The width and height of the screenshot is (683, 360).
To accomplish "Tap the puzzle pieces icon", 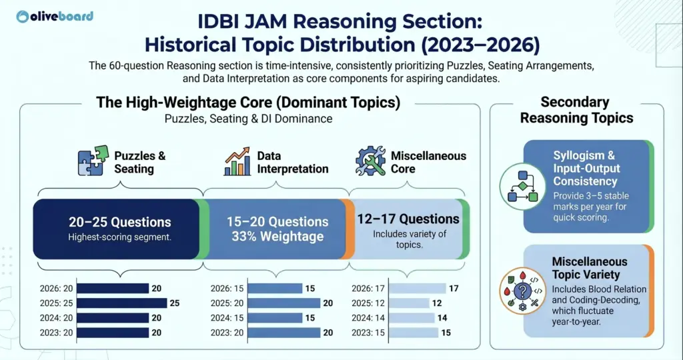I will [93, 161].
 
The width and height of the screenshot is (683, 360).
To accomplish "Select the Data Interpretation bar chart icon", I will [237, 161].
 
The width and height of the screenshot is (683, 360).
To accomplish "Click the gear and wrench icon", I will [371, 161].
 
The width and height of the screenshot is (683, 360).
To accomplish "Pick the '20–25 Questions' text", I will [120, 222].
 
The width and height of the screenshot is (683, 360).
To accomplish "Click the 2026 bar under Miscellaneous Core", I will [417, 289].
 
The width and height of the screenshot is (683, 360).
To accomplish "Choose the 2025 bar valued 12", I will [408, 303].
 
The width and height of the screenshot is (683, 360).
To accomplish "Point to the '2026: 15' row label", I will [228, 289].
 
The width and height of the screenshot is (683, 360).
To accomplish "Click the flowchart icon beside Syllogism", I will [518, 182].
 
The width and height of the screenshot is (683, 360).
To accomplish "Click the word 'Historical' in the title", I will [201, 45].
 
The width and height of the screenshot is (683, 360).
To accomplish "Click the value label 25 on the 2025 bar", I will [175, 303].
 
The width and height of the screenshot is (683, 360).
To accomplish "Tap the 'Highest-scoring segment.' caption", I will [120, 237].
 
